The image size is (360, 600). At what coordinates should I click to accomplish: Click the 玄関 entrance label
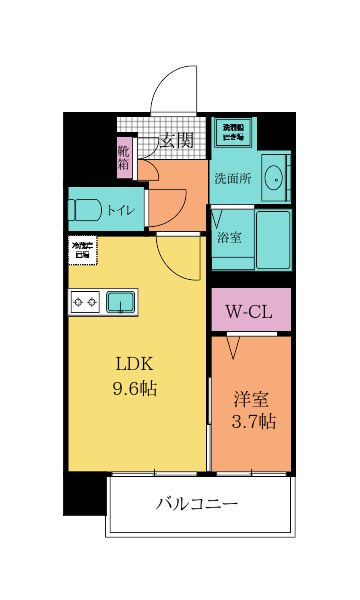pos(178,142)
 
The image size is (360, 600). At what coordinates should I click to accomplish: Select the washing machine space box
pos(233,132)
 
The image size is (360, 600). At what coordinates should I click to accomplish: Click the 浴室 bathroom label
pos(229,239)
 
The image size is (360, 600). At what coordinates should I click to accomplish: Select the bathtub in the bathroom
pos(272,239)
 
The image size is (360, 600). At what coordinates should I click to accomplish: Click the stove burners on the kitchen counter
pos(83,301)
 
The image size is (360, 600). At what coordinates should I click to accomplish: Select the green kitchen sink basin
pos(121,301)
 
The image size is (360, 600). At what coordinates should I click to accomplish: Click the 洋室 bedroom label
pos(250,398)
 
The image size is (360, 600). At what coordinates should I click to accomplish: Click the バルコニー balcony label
pos(197,504)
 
